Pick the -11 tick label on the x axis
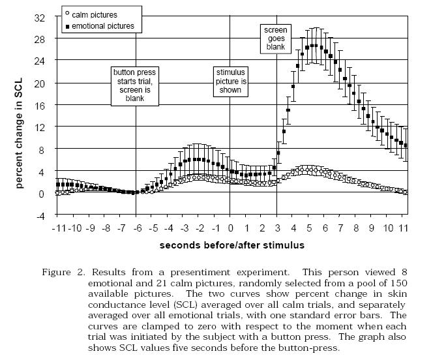click(x=57, y=228)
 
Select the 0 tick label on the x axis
click(x=230, y=228)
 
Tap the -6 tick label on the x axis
click(x=136, y=228)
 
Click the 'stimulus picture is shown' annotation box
click(x=229, y=80)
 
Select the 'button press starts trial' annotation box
click(x=136, y=85)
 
